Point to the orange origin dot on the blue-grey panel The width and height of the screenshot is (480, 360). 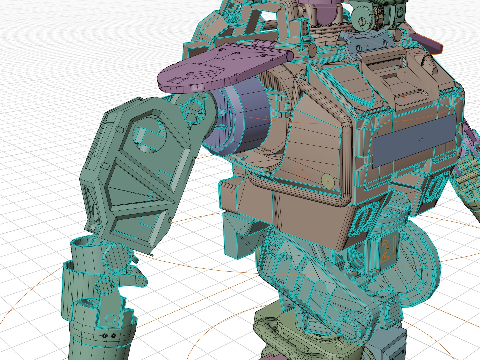(x=422, y=139)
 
